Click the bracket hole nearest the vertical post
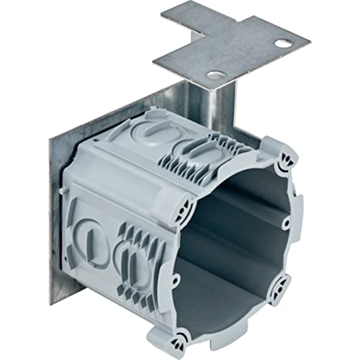click(213, 74)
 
